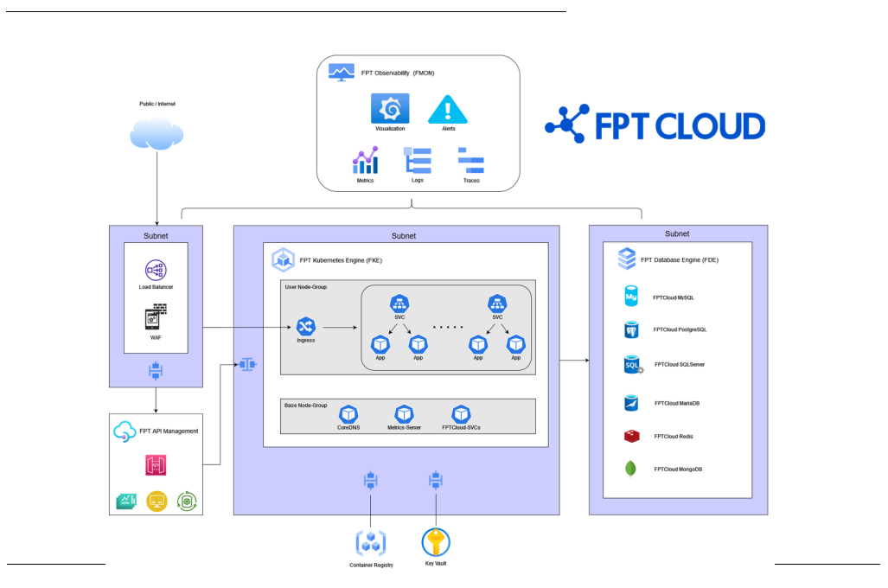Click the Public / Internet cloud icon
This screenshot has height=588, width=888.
click(x=157, y=133)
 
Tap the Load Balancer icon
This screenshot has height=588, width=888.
click(x=156, y=271)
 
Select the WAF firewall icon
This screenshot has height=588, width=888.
click(x=156, y=318)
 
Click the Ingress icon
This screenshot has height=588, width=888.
click(x=305, y=326)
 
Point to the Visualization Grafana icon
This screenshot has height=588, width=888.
click(x=390, y=108)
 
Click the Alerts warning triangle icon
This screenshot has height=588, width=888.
click(x=448, y=109)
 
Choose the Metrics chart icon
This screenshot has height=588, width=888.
click(x=365, y=161)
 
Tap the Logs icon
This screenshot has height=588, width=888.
click(x=418, y=161)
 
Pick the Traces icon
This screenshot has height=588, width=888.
click(x=470, y=161)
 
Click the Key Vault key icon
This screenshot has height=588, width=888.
click(x=435, y=541)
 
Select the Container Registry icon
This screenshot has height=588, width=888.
click(x=371, y=543)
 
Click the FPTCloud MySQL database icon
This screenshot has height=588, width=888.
click(x=631, y=297)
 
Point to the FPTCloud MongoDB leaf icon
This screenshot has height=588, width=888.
click(x=630, y=469)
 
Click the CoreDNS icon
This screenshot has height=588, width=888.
click(x=349, y=413)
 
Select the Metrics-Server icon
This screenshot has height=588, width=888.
click(x=404, y=413)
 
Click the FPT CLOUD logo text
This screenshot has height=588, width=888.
click(x=680, y=126)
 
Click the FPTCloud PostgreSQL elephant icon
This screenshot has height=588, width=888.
click(x=631, y=329)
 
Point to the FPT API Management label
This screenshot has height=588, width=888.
click(x=169, y=431)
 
